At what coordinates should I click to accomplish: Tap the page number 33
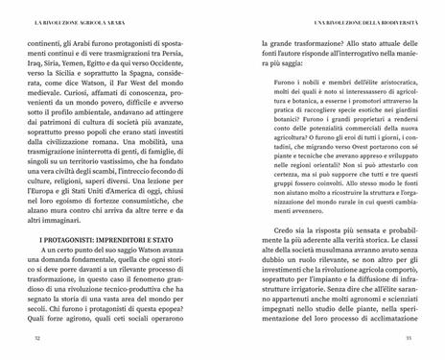pos(409,336)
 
